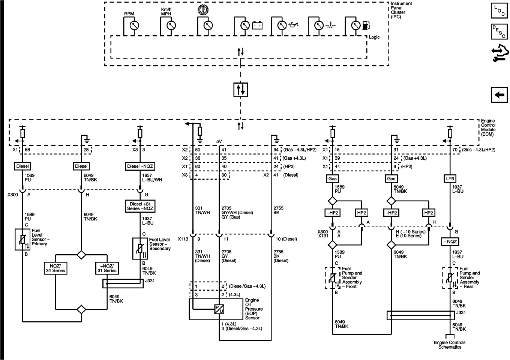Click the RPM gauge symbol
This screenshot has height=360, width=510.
(133, 25)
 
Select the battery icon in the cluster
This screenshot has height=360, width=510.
(257, 25)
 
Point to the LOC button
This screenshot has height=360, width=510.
(499, 10)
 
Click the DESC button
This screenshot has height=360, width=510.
(499, 32)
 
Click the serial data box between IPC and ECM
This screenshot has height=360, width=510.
(240, 90)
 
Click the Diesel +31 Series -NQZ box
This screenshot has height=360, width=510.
(140, 206)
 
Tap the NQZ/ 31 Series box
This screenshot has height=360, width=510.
(55, 268)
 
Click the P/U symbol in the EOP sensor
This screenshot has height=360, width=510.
(219, 309)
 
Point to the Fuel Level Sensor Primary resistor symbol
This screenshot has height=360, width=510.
(22, 240)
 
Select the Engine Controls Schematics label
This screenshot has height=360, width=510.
(450, 345)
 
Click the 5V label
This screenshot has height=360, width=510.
(219, 141)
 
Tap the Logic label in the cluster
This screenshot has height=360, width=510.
(374, 37)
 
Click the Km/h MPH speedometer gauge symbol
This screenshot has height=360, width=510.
(170, 25)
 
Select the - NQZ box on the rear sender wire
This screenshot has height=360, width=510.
(449, 242)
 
